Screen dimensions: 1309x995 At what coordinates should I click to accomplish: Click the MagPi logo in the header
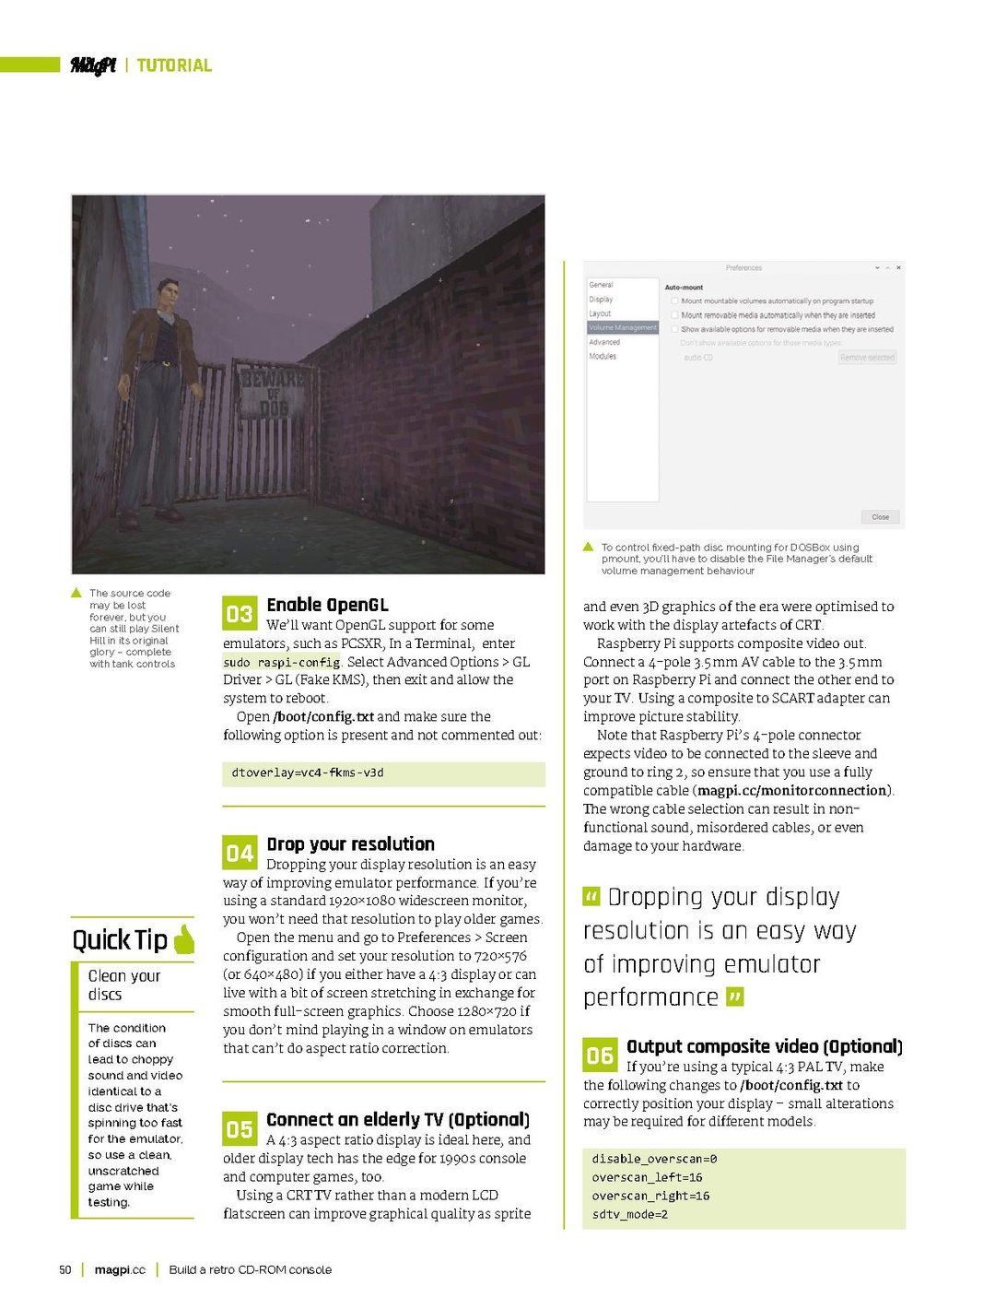tap(93, 65)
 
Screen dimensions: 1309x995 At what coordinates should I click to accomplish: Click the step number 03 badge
tap(239, 614)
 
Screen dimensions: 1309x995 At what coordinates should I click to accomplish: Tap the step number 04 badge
tap(239, 853)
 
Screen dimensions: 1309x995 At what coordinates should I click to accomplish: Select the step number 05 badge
tap(239, 1128)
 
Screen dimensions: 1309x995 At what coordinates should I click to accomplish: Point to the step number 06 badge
tap(599, 1055)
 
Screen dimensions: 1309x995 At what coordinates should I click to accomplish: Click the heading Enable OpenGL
tap(327, 605)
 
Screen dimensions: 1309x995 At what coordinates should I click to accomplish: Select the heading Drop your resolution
tap(350, 843)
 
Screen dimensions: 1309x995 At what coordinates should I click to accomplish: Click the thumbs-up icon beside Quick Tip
tap(183, 939)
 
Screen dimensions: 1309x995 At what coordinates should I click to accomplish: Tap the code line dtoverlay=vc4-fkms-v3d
tap(308, 772)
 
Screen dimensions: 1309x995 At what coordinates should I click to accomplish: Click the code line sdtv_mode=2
tap(630, 1214)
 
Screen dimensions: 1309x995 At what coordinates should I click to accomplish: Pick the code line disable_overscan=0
tap(654, 1159)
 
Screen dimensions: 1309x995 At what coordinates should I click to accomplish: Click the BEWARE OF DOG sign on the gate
tap(273, 392)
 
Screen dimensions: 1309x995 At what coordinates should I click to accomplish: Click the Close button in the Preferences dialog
tap(880, 517)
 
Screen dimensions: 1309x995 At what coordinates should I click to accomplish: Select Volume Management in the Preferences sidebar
tap(623, 327)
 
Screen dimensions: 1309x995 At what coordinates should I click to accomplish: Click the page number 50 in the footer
tap(65, 1269)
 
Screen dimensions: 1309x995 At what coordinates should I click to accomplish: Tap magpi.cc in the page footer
tap(120, 1269)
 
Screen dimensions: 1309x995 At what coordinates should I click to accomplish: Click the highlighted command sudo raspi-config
tap(281, 662)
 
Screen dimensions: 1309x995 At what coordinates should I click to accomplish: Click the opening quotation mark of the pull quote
tap(591, 896)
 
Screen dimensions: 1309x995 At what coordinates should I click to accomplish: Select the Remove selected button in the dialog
tap(867, 358)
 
